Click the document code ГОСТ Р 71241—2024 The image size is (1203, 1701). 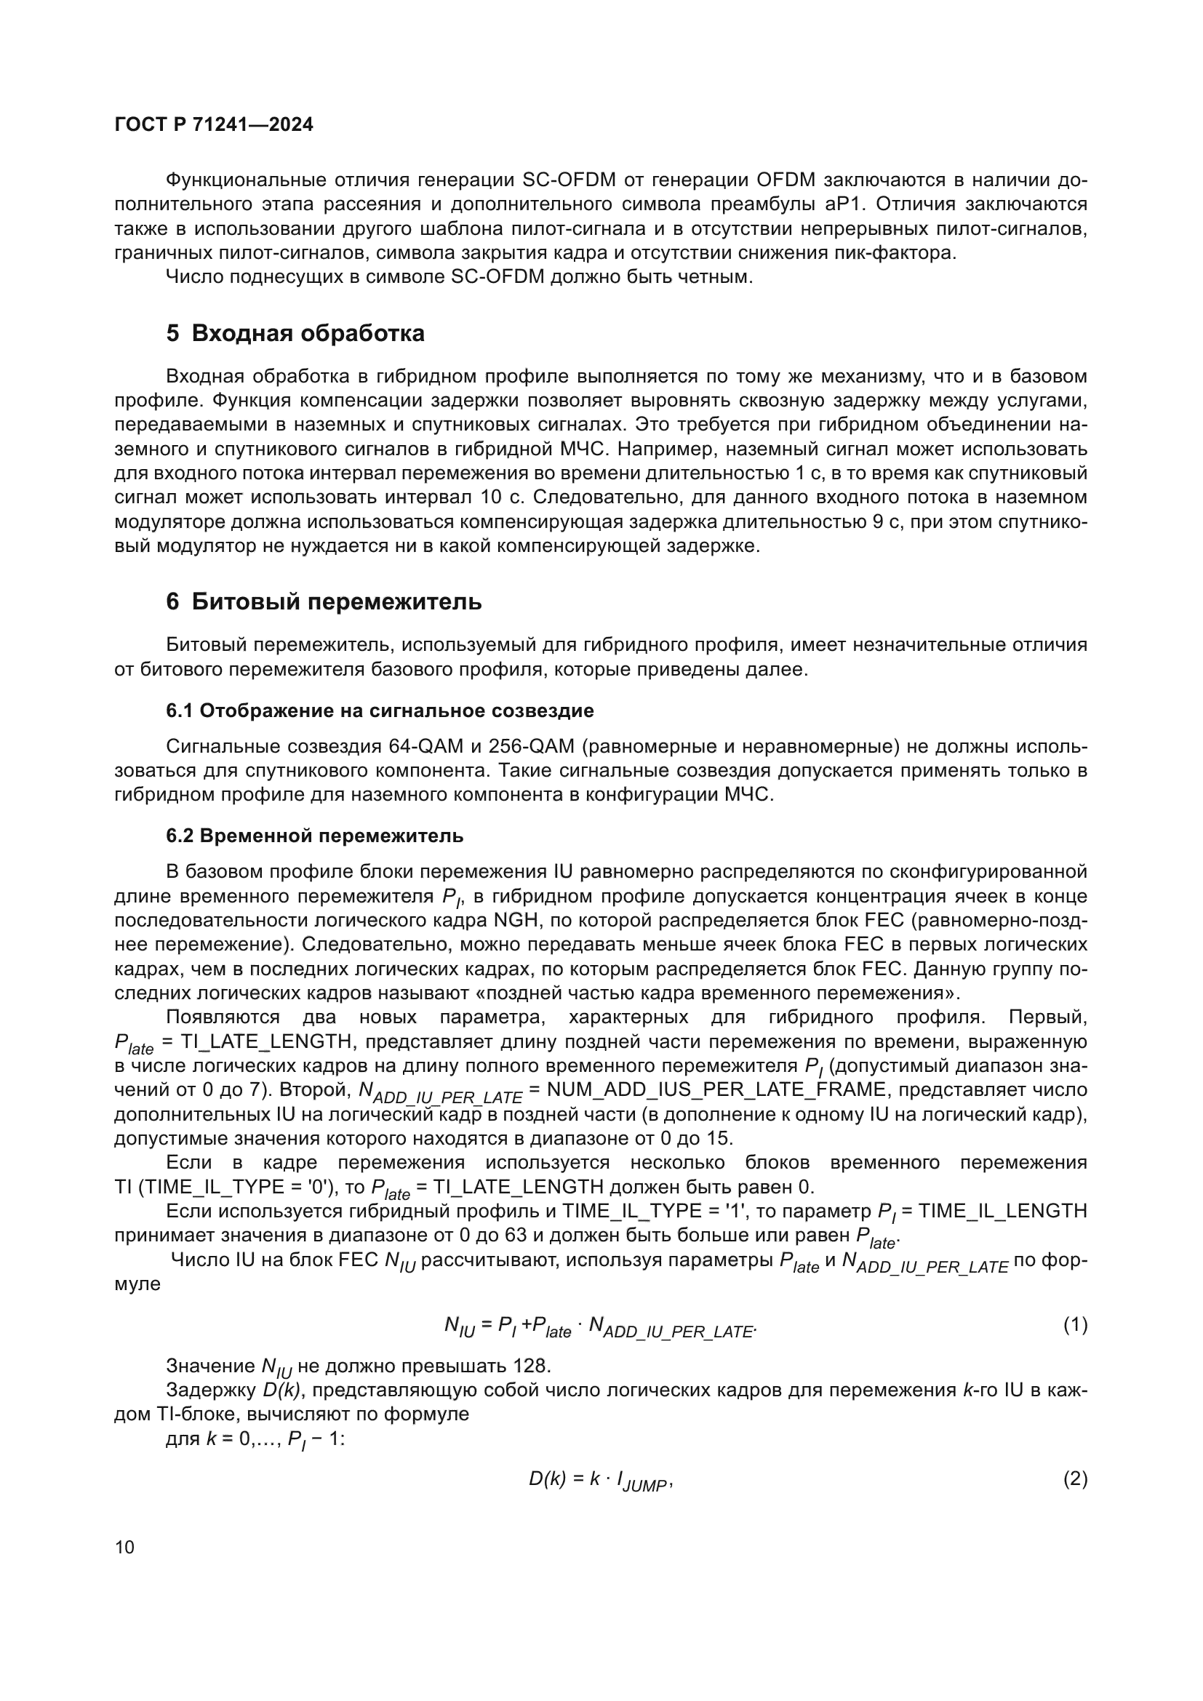tap(214, 124)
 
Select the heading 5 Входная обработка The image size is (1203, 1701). tap(295, 333)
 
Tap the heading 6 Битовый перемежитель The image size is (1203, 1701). tap(324, 601)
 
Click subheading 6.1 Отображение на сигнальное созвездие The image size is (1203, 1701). tap(379, 711)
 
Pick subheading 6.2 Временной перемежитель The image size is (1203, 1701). tap(315, 836)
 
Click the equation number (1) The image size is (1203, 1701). tap(1075, 1324)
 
